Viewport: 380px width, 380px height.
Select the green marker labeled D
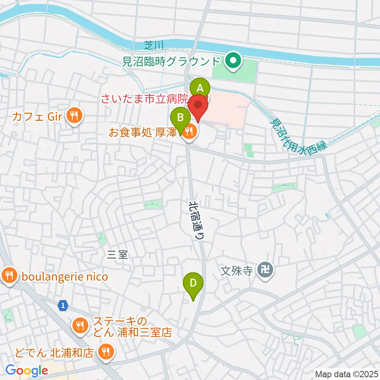(193, 283)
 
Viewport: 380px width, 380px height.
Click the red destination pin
(198, 107)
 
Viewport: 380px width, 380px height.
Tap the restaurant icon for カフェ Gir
(74, 116)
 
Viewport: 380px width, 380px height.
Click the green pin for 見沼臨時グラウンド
(233, 61)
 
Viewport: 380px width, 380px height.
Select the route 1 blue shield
(62, 305)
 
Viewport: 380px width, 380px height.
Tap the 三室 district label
(118, 255)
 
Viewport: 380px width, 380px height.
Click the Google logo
(27, 370)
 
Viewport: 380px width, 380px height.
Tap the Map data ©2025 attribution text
(347, 374)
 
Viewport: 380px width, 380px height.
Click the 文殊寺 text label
(236, 271)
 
